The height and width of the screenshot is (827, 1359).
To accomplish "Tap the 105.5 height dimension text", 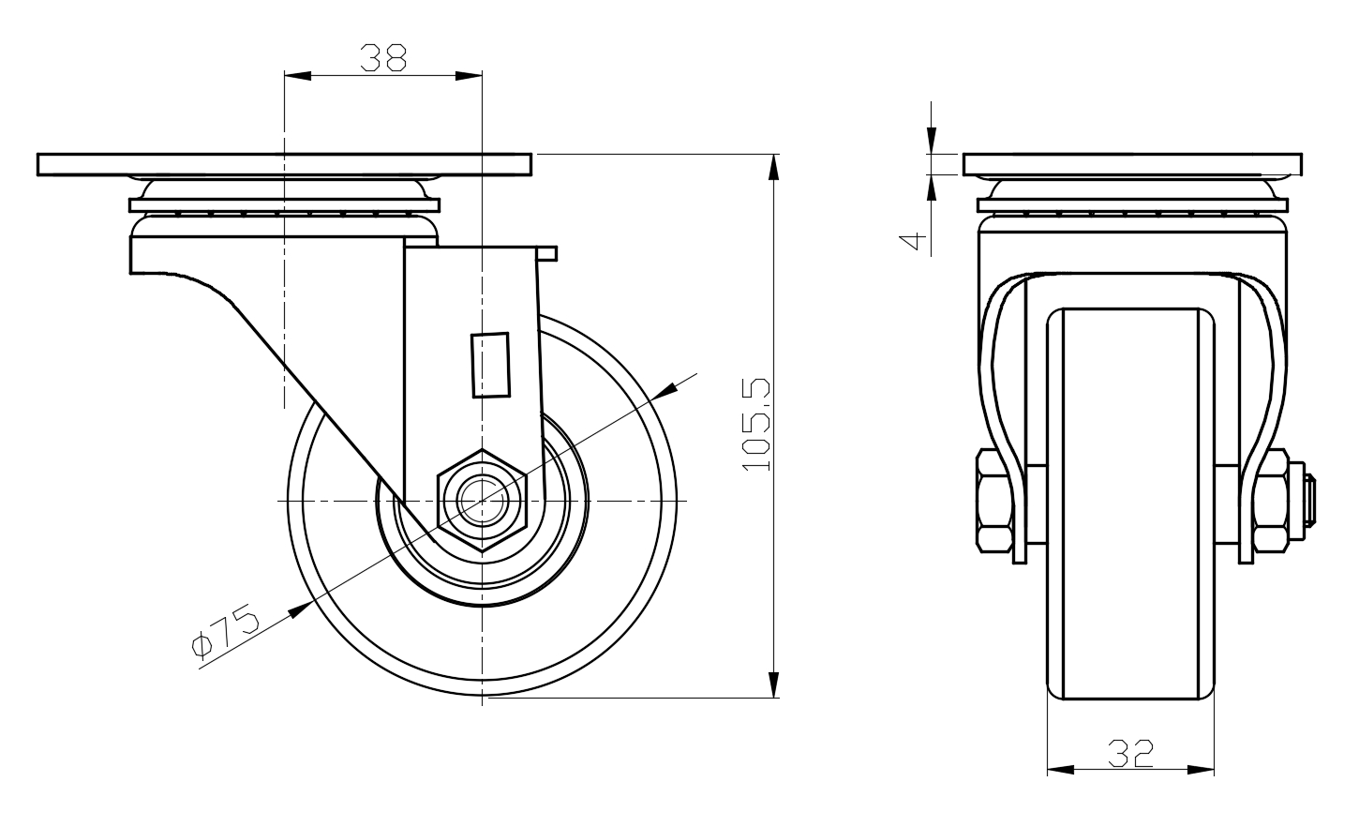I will (755, 424).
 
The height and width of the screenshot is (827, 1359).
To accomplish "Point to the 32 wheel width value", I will (1130, 753).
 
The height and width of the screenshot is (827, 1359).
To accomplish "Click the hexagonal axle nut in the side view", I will (483, 502).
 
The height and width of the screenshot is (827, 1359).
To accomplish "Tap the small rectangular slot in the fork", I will (490, 365).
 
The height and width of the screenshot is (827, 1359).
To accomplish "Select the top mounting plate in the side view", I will (285, 164).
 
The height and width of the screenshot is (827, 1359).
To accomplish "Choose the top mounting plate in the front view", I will (1132, 164).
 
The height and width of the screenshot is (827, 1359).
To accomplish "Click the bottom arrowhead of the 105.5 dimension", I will (774, 685).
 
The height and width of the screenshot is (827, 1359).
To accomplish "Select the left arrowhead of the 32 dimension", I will (1058, 771).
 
